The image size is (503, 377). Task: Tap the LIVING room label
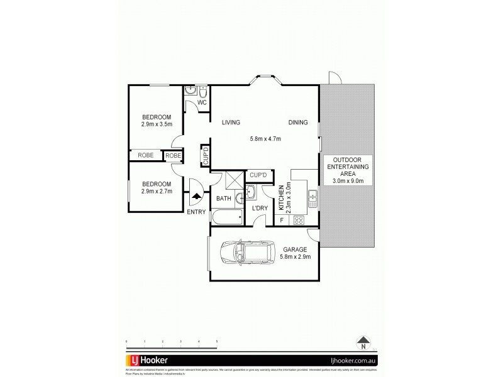point(231,123)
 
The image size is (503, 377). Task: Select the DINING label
point(298,123)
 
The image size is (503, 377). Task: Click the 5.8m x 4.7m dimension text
point(265,138)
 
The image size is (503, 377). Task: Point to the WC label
point(202,102)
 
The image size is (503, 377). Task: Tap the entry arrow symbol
point(197,196)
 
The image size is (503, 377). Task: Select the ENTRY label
point(196,212)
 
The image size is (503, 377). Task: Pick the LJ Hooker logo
point(148,361)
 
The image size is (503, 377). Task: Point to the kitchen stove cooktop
point(299,220)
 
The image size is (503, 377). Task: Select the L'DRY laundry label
point(260,208)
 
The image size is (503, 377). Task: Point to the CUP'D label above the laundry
point(260,175)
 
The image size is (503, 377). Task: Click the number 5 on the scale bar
point(217,341)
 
